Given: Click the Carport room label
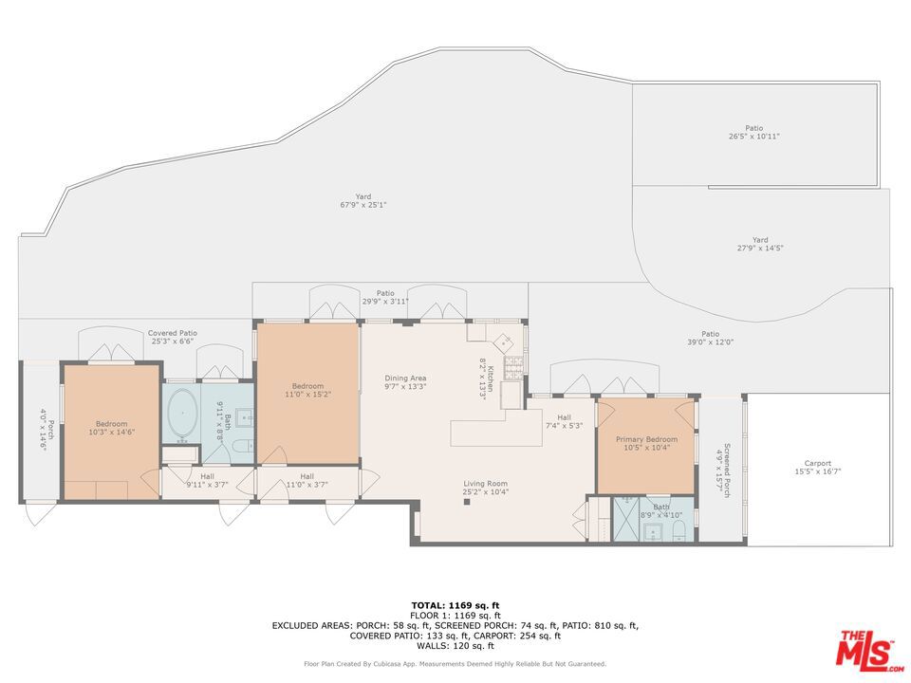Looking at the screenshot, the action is click(x=817, y=464).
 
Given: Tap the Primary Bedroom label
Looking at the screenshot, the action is click(x=646, y=439).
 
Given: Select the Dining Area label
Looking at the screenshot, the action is click(x=405, y=378).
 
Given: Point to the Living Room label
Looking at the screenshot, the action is click(x=485, y=484).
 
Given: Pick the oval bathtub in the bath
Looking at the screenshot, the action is click(x=182, y=413).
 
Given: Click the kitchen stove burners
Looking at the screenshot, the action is click(x=513, y=368).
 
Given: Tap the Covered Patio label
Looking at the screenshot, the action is click(x=173, y=333).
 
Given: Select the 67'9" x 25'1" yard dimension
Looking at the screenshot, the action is click(x=363, y=205).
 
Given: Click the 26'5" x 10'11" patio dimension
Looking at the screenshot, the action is click(x=754, y=137).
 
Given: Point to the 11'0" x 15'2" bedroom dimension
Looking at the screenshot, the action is click(x=307, y=395).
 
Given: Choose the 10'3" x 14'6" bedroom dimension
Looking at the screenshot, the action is click(x=112, y=433).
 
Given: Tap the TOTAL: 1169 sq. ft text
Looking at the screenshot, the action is click(x=455, y=605).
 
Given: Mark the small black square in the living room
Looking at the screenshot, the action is click(x=467, y=501).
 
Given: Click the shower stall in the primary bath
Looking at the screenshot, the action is click(x=626, y=519).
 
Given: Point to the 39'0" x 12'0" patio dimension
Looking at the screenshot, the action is click(x=710, y=342).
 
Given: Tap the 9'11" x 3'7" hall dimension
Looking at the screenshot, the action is click(x=208, y=485).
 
